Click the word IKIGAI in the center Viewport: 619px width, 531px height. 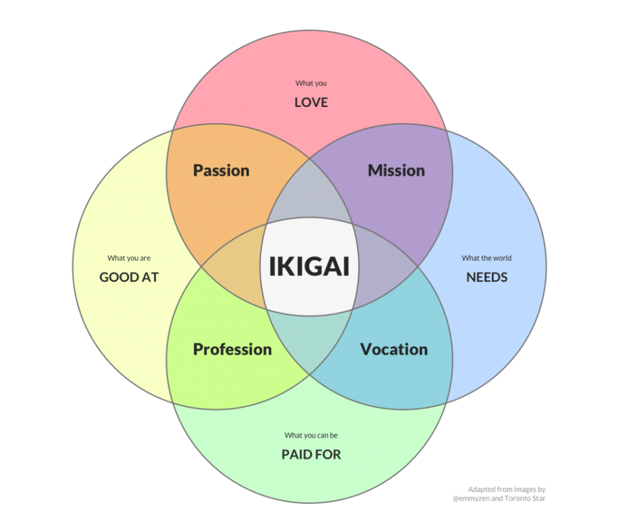pos(309,266)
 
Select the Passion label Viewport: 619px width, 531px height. pos(221,170)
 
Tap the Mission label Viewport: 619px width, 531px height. pos(396,170)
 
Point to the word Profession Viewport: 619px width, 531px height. pos(232,349)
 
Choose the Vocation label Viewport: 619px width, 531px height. pos(393,349)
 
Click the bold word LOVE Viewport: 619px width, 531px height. pos(311,103)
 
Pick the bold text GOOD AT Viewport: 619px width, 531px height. pos(129,277)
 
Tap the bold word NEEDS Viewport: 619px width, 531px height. pos(487,277)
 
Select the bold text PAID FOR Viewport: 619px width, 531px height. pos(311,455)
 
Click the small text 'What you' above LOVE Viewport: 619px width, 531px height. pos(311,83)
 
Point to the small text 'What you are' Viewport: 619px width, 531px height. pos(129,258)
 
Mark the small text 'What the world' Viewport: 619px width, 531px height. pos(487,258)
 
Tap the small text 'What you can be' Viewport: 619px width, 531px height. pos(311,435)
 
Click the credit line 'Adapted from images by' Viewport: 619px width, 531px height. pos(506,489)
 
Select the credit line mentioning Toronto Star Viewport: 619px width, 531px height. pos(507,498)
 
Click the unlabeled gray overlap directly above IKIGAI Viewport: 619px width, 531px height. pos(309,198)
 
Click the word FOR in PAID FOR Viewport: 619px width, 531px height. pos(329,455)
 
